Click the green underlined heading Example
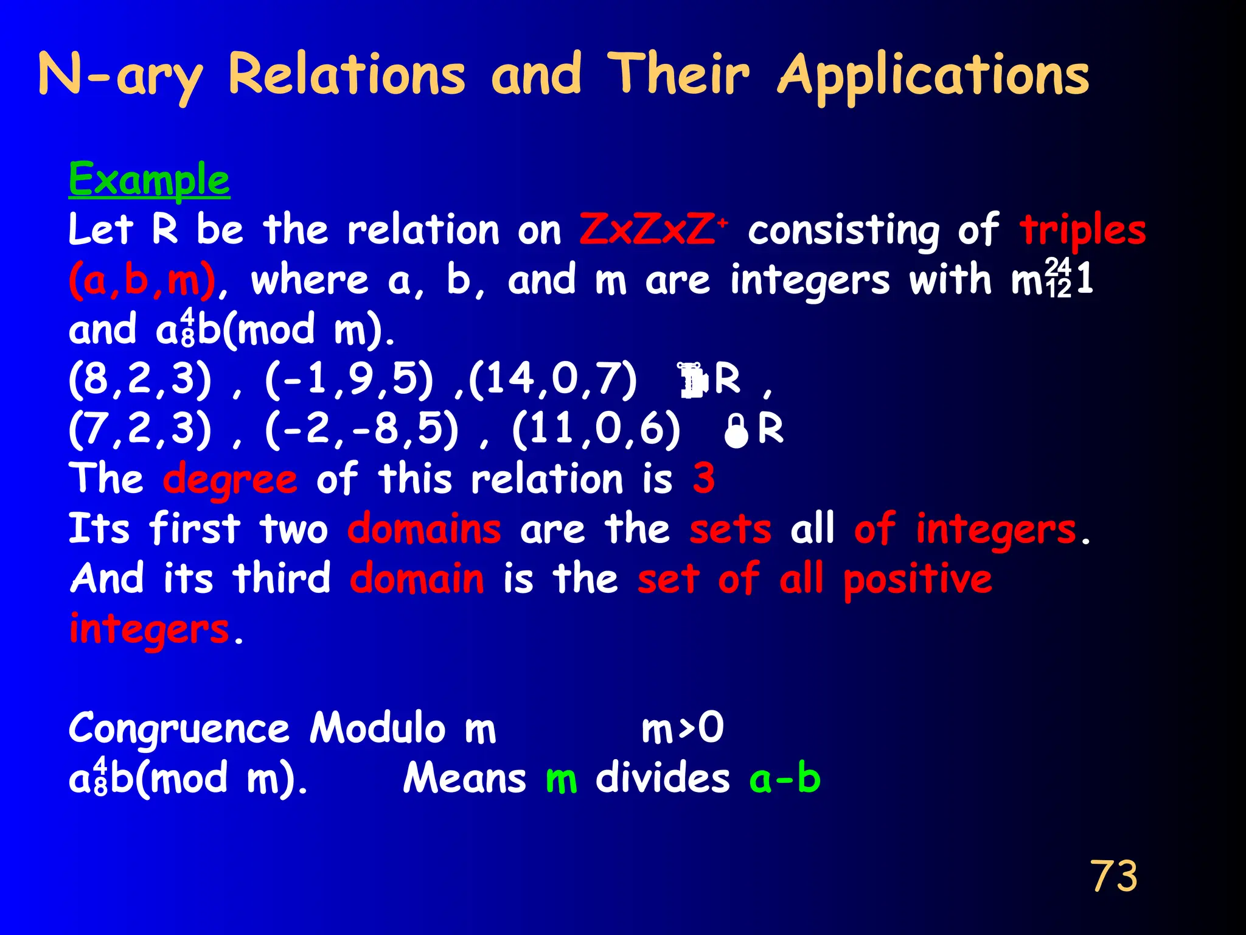(x=149, y=180)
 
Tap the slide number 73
(x=1113, y=877)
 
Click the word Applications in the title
(x=933, y=76)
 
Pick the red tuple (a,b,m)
(x=142, y=281)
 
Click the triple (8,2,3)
(x=141, y=380)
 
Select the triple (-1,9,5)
(x=349, y=380)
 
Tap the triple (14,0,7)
(x=552, y=380)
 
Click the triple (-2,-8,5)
(x=361, y=430)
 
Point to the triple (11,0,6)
(x=596, y=430)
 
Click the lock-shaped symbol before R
(x=736, y=431)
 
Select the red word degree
(x=230, y=480)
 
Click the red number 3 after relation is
(x=703, y=478)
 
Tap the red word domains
(x=424, y=529)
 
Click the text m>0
(x=683, y=728)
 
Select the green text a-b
(x=785, y=779)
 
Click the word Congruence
(x=179, y=729)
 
